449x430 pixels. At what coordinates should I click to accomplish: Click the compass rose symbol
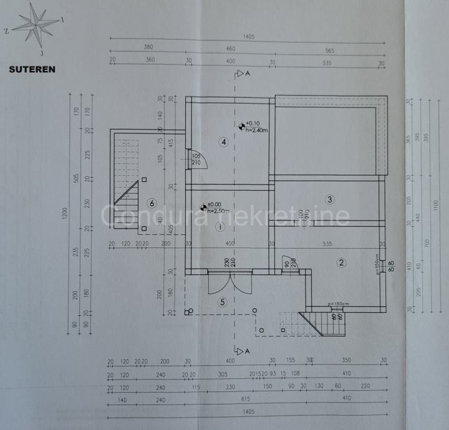click(37, 25)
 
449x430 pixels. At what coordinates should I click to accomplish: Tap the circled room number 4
click(223, 142)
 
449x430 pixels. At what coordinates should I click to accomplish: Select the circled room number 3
click(330, 199)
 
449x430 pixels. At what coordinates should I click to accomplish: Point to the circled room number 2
click(341, 262)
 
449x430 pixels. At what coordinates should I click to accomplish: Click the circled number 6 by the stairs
click(150, 203)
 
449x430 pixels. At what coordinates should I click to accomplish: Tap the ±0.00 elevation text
click(214, 205)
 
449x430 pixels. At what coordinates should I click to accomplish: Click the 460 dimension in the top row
click(230, 48)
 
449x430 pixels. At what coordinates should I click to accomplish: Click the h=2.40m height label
click(256, 130)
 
